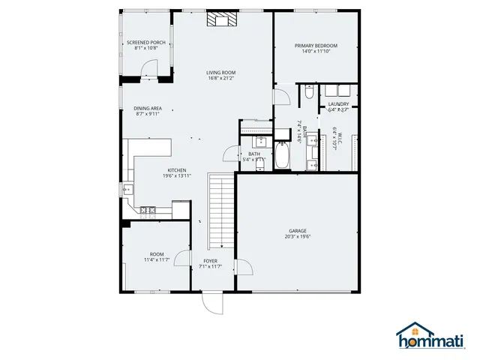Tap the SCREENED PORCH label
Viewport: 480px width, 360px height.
coord(146,43)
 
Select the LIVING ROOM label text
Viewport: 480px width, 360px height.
coord(221,73)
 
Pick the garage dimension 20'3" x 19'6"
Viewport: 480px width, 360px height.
coord(298,236)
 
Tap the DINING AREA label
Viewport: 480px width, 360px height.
coord(147,108)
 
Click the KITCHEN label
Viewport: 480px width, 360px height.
coord(177,169)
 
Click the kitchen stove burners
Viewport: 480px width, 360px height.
coord(147,211)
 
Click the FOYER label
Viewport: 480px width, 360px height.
coord(210,261)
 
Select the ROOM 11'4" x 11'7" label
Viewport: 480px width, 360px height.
coord(157,256)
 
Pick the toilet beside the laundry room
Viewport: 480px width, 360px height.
coord(308,94)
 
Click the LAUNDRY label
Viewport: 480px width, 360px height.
coord(338,103)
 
